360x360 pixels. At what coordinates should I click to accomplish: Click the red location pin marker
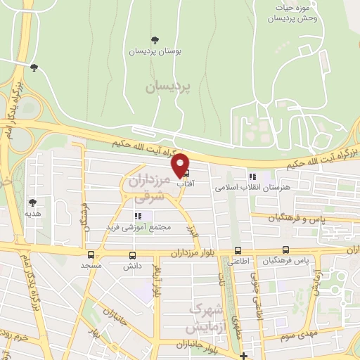tap(181, 165)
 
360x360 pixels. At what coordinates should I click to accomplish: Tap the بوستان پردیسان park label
tap(155, 51)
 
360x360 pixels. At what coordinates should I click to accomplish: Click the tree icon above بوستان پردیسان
tap(155, 39)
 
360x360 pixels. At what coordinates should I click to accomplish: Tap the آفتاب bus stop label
tap(185, 183)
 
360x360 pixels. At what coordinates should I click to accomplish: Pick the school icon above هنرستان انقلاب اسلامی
tap(252, 176)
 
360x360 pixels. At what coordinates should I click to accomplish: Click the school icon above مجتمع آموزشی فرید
tap(138, 216)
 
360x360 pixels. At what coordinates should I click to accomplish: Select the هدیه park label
tap(32, 212)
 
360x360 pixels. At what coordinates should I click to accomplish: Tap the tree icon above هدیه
tap(32, 202)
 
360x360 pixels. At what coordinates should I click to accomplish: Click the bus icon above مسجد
tap(91, 255)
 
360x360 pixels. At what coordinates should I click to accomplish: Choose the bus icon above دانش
tap(132, 255)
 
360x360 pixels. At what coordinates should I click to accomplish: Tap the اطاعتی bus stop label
tap(238, 262)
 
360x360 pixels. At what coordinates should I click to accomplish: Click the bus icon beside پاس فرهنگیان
tap(285, 250)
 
